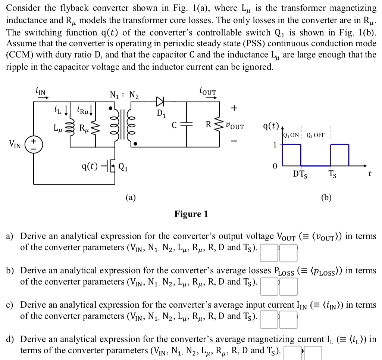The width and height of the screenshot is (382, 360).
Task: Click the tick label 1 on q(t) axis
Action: pos(275,145)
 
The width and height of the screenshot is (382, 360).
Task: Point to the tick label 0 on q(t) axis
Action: pos(275,166)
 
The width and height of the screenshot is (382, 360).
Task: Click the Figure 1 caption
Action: pos(191,214)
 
